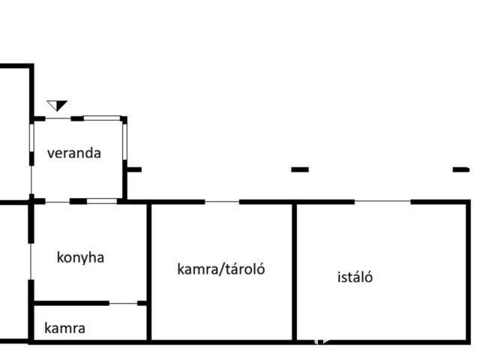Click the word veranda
point(74,153)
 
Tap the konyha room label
point(80,258)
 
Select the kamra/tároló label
point(221,269)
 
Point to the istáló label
point(355,277)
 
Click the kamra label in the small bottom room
point(65,328)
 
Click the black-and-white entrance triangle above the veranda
point(57,106)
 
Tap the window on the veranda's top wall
point(102,118)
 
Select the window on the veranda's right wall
point(124,142)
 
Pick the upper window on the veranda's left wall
point(31,138)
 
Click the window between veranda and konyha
point(102,201)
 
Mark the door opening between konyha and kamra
point(123,303)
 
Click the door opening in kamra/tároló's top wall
point(222,202)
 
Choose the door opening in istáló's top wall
point(382,202)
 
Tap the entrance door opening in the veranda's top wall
point(58,118)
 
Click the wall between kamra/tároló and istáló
point(295,271)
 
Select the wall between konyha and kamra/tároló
point(148,271)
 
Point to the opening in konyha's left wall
point(31,262)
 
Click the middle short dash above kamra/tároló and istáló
point(300,169)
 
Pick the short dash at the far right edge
point(461,169)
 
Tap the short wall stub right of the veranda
point(134,169)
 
